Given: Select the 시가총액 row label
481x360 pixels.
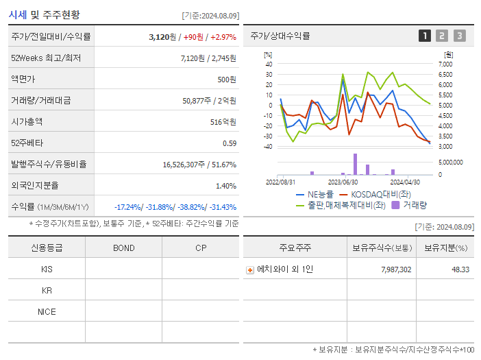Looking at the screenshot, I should tap(27, 121).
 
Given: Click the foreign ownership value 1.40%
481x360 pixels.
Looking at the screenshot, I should tap(225, 185).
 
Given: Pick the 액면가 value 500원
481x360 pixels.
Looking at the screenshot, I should tap(226, 79).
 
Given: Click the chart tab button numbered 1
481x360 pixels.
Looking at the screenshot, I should tap(425, 36).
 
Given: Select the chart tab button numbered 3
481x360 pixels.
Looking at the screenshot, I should tap(459, 36).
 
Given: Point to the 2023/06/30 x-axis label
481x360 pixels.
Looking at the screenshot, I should tap(343, 182).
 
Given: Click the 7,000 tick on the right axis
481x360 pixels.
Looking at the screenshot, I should tap(445, 64).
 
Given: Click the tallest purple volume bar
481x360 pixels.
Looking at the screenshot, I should tap(355, 164).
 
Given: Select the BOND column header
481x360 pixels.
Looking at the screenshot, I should tap(123, 248).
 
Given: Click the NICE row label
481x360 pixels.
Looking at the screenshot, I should tap(47, 311).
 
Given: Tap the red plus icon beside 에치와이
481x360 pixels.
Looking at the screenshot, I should tap(249, 269).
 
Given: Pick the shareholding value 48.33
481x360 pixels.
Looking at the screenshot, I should tap(460, 269).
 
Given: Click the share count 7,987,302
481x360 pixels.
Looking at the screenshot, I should tap(396, 269).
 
